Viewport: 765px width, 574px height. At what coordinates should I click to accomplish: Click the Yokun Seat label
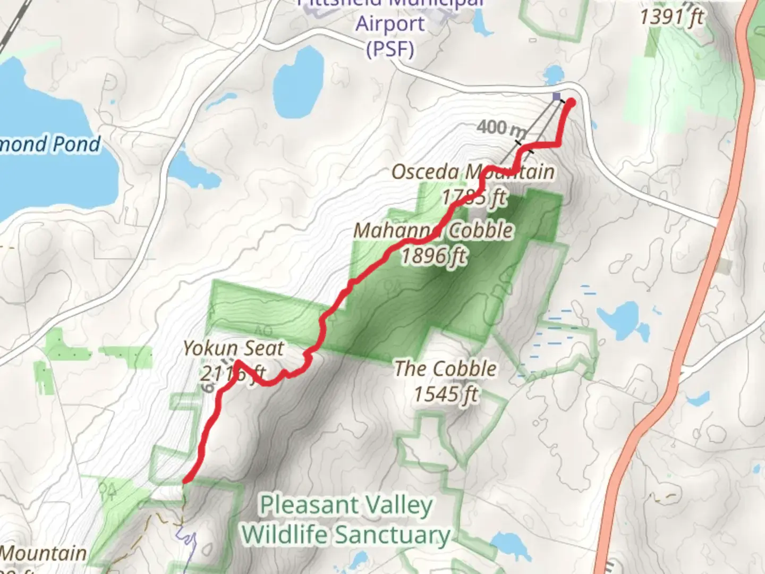(234, 349)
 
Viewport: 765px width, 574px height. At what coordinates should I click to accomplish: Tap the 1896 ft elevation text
(433, 256)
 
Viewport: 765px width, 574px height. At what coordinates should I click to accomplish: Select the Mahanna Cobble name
(433, 231)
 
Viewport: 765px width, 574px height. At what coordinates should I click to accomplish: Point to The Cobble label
(445, 369)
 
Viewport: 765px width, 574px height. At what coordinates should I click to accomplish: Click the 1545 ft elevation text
(445, 394)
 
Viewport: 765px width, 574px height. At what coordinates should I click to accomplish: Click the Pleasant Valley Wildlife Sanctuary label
(346, 520)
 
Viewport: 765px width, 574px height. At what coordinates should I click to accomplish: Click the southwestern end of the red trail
(185, 480)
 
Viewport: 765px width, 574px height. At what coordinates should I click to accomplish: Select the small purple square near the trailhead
(556, 96)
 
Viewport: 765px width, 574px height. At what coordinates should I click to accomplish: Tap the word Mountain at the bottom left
(44, 553)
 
